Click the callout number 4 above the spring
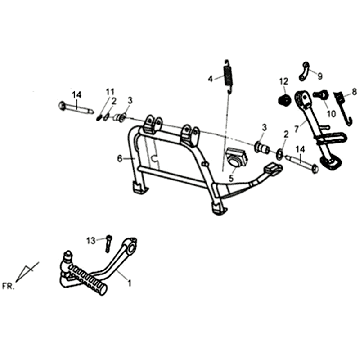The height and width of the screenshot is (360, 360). [210, 78]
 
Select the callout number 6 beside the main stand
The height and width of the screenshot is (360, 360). [118, 158]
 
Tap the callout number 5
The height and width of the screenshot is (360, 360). [229, 179]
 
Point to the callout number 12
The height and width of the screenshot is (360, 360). [283, 80]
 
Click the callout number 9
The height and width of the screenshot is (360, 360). [321, 73]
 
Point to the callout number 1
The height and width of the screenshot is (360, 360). [127, 283]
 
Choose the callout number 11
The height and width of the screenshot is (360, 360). [111, 91]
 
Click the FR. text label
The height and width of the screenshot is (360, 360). [9, 285]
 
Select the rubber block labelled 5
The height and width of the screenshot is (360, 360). [237, 159]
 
